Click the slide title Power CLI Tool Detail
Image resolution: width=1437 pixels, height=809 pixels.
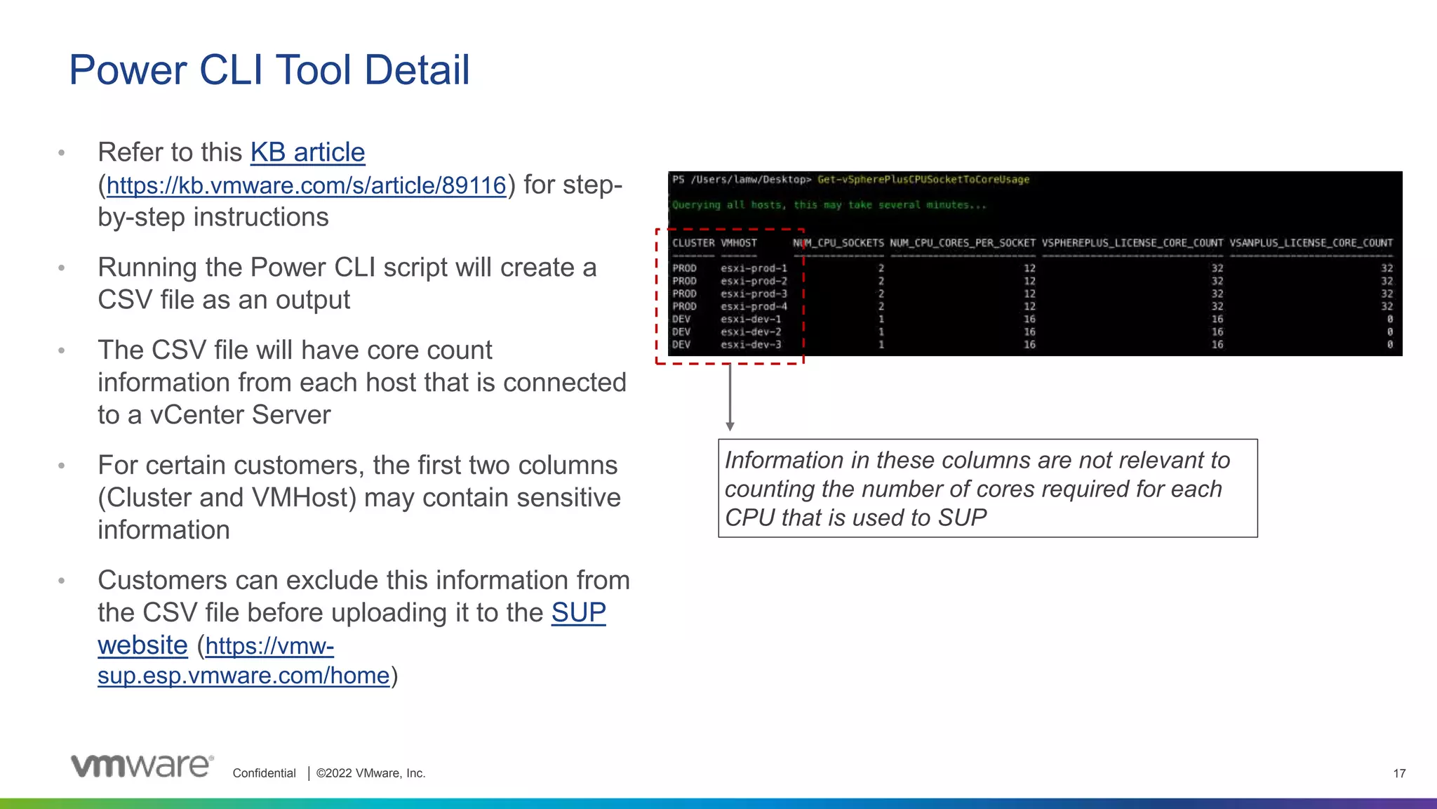pyautogui.click(x=269, y=70)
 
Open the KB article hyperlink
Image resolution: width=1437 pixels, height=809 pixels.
pyautogui.click(x=307, y=152)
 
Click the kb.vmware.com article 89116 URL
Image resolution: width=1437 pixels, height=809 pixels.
pyautogui.click(x=306, y=185)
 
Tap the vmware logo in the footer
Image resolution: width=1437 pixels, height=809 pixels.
pyautogui.click(x=142, y=765)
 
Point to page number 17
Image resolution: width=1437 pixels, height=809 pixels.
pyautogui.click(x=1399, y=773)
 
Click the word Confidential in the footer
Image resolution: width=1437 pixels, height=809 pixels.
pyautogui.click(x=264, y=773)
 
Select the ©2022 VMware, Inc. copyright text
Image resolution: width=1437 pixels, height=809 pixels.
pyautogui.click(x=370, y=773)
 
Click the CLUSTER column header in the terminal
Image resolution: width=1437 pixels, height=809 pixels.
pyautogui.click(x=693, y=243)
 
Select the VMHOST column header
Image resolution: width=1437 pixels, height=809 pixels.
pyautogui.click(x=739, y=243)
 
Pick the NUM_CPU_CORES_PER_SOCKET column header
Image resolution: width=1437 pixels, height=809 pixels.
pyautogui.click(x=962, y=243)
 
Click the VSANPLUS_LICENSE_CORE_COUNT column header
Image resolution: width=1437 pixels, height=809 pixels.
pyautogui.click(x=1311, y=243)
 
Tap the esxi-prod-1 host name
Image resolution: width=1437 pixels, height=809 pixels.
pyautogui.click(x=754, y=268)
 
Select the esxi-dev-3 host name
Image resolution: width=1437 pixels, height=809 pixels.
pyautogui.click(x=751, y=345)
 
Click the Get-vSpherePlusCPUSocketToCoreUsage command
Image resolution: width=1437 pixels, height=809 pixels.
pyautogui.click(x=923, y=180)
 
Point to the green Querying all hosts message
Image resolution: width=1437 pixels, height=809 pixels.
pyautogui.click(x=829, y=205)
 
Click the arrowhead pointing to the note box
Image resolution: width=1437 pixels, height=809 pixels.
pyautogui.click(x=730, y=426)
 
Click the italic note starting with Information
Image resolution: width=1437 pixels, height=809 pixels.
pyautogui.click(x=977, y=489)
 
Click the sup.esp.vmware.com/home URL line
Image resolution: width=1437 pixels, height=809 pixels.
pyautogui.click(x=243, y=676)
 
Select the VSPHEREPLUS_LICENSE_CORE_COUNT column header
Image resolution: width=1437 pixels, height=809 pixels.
pyautogui.click(x=1132, y=243)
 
